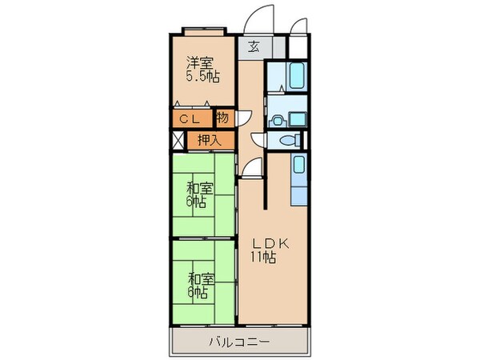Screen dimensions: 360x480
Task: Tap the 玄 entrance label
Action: coord(252,46)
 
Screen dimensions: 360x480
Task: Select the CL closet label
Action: coord(189,118)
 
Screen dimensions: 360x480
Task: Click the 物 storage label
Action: coord(222,118)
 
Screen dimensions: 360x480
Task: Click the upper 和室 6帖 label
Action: coord(200,194)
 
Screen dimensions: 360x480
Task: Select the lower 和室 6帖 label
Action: coord(200,286)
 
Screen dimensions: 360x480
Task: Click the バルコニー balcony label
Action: coord(239,342)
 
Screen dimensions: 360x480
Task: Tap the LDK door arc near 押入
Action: coord(252,166)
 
